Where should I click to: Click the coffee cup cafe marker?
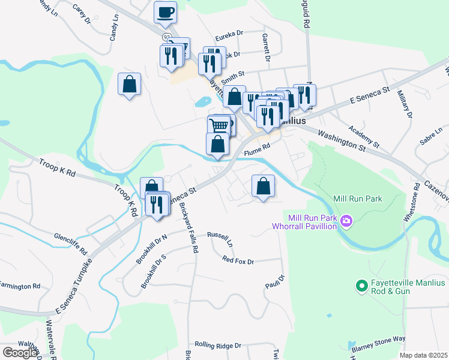pyautogui.click(x=165, y=12)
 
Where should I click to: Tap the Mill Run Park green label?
pyautogui.click(x=358, y=198)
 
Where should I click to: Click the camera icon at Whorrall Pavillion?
pyautogui.click(x=346, y=222)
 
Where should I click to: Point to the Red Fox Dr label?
pyautogui.click(x=238, y=260)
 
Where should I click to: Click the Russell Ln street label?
pyautogui.click(x=220, y=239)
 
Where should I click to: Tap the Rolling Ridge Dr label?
pyautogui.click(x=217, y=346)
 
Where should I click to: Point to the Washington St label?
pyautogui.click(x=341, y=140)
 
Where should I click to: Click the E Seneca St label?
pyautogui.click(x=370, y=95)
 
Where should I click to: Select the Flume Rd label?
pyautogui.click(x=258, y=152)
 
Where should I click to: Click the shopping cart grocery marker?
pyautogui.click(x=219, y=125)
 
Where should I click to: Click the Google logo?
pyautogui.click(x=20, y=353)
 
